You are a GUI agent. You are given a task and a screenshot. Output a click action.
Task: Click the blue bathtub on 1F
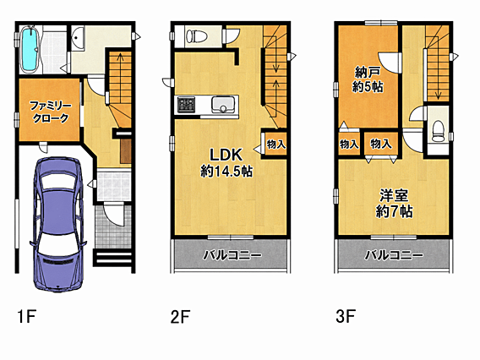tap(30, 50)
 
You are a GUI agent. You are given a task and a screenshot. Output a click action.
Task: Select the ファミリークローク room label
tap(51, 112)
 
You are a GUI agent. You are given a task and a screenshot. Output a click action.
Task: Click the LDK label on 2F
tap(226, 155)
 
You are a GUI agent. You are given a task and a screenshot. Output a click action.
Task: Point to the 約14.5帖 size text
tap(226, 171)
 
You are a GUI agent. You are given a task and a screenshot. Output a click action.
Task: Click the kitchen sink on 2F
tap(223, 105)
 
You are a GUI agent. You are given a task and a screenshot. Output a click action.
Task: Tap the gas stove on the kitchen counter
tap(187, 105)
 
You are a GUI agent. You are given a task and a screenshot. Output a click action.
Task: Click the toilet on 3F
tap(439, 131)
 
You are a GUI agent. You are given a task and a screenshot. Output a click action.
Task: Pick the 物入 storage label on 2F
tap(275, 145)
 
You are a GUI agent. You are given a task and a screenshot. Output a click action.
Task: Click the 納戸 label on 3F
tap(368, 73)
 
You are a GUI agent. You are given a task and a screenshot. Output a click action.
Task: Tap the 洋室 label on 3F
tap(394, 196)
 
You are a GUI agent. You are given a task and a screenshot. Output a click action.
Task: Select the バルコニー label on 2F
tap(232, 255)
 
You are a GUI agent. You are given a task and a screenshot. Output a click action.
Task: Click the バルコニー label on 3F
tap(394, 255)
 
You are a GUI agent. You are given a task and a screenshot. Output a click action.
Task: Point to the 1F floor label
tap(27, 316)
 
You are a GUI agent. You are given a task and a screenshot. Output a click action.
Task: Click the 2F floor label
tap(180, 316)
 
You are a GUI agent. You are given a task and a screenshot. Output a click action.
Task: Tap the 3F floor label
tap(346, 316)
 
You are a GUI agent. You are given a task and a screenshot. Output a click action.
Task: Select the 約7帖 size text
tap(394, 211)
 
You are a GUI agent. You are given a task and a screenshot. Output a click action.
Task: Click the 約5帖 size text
tap(368, 87)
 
